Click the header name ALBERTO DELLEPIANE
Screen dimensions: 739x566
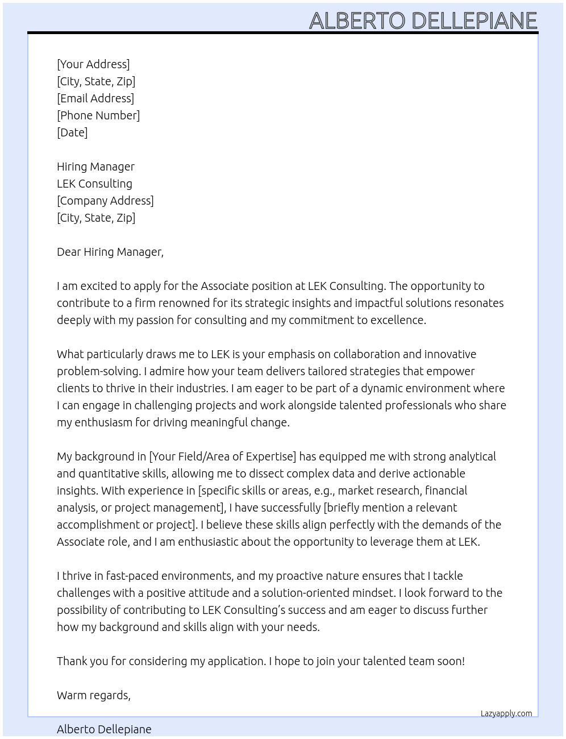[x=423, y=20]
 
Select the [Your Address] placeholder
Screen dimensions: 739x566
[x=93, y=64]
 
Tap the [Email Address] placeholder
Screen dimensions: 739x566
[x=95, y=98]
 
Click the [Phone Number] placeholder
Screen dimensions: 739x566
[x=98, y=115]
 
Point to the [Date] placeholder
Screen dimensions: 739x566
[x=72, y=132]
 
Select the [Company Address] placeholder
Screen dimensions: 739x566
[x=105, y=201]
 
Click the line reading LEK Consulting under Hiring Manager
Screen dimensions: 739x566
[x=94, y=184]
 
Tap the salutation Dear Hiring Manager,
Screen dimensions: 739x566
[x=110, y=252]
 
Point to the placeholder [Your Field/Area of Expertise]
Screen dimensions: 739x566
[x=222, y=456]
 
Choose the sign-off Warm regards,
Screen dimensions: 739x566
[x=94, y=695]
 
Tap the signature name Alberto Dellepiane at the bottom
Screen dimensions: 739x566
[x=104, y=729]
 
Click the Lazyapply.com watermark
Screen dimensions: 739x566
[x=506, y=713]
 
